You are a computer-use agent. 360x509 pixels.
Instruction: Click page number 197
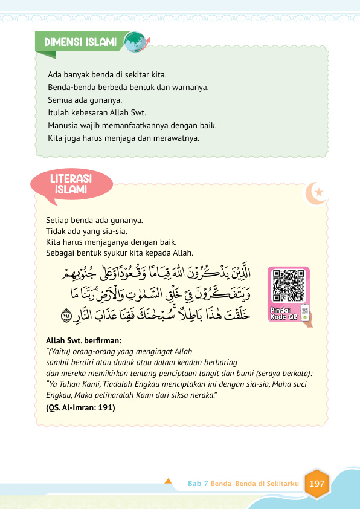click(x=317, y=484)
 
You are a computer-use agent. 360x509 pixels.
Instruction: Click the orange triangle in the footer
click(x=169, y=481)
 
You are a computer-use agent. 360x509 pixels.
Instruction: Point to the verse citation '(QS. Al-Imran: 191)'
click(x=80, y=407)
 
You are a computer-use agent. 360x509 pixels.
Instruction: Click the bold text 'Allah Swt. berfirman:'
click(x=84, y=340)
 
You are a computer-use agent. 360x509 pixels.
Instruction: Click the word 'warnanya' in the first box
click(x=193, y=87)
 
